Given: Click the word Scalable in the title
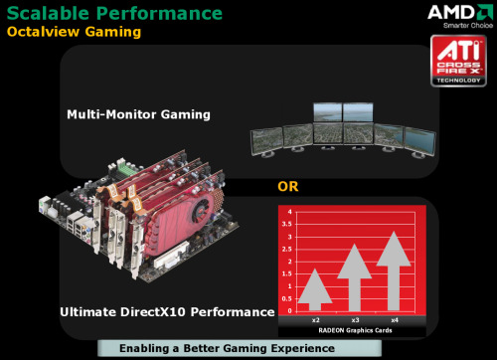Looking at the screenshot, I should (51, 13).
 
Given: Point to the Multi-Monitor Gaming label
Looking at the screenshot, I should (138, 114).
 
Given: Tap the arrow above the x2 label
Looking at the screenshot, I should (315, 290).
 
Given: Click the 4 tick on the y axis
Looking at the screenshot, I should (290, 212).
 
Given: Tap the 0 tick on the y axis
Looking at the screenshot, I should (290, 309).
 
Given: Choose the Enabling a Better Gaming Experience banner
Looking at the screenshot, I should (212, 348).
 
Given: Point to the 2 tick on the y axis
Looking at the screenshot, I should (290, 261).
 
